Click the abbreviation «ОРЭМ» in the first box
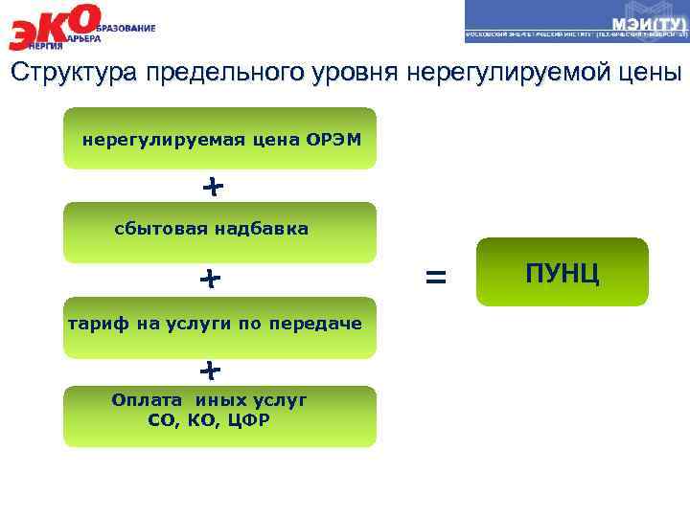[x=334, y=140]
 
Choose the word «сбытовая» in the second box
[x=161, y=229]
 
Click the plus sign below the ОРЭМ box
[x=213, y=186]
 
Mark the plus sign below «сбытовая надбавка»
[x=210, y=279]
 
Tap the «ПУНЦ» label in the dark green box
[x=563, y=272]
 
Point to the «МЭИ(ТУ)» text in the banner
[x=649, y=23]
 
